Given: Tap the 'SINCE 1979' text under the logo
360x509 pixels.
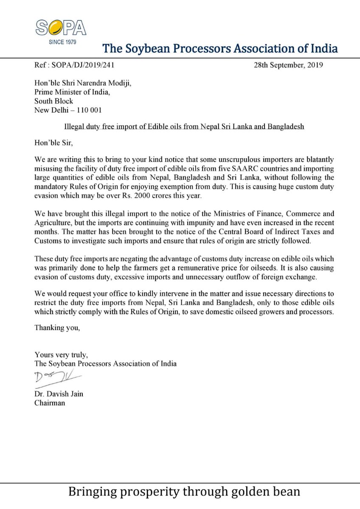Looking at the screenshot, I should click(x=61, y=42).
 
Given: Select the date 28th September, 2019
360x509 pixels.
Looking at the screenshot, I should click(x=287, y=65).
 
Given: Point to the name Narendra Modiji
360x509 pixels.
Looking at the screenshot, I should click(x=106, y=84).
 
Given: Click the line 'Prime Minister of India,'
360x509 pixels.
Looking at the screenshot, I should click(x=70, y=92).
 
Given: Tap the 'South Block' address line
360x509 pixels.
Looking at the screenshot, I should click(x=53, y=101).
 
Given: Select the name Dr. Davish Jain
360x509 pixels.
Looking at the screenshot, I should click(x=59, y=394).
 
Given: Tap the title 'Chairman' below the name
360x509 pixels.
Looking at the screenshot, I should click(x=50, y=403).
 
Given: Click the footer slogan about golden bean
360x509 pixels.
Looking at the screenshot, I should click(x=184, y=492).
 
